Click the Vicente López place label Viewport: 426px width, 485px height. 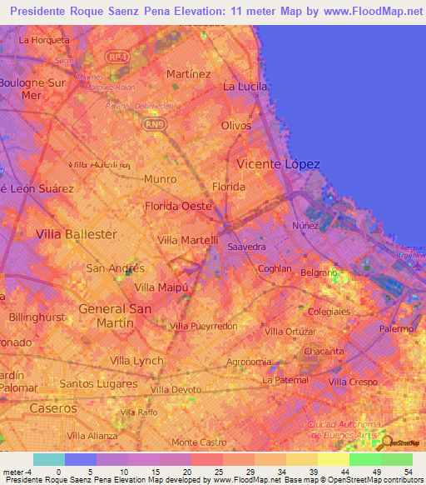coord(278,164)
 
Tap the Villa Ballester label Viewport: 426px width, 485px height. coord(77,234)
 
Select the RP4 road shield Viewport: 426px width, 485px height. coord(116,56)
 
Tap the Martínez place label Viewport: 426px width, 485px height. coord(188,73)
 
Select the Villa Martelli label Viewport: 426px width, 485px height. coord(187,240)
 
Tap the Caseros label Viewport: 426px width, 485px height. coord(53,408)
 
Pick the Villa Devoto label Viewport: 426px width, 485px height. coord(176,389)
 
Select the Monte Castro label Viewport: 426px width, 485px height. coord(198,442)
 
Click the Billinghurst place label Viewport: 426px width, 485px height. coord(37,317)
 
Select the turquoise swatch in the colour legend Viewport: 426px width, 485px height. coord(49,459)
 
